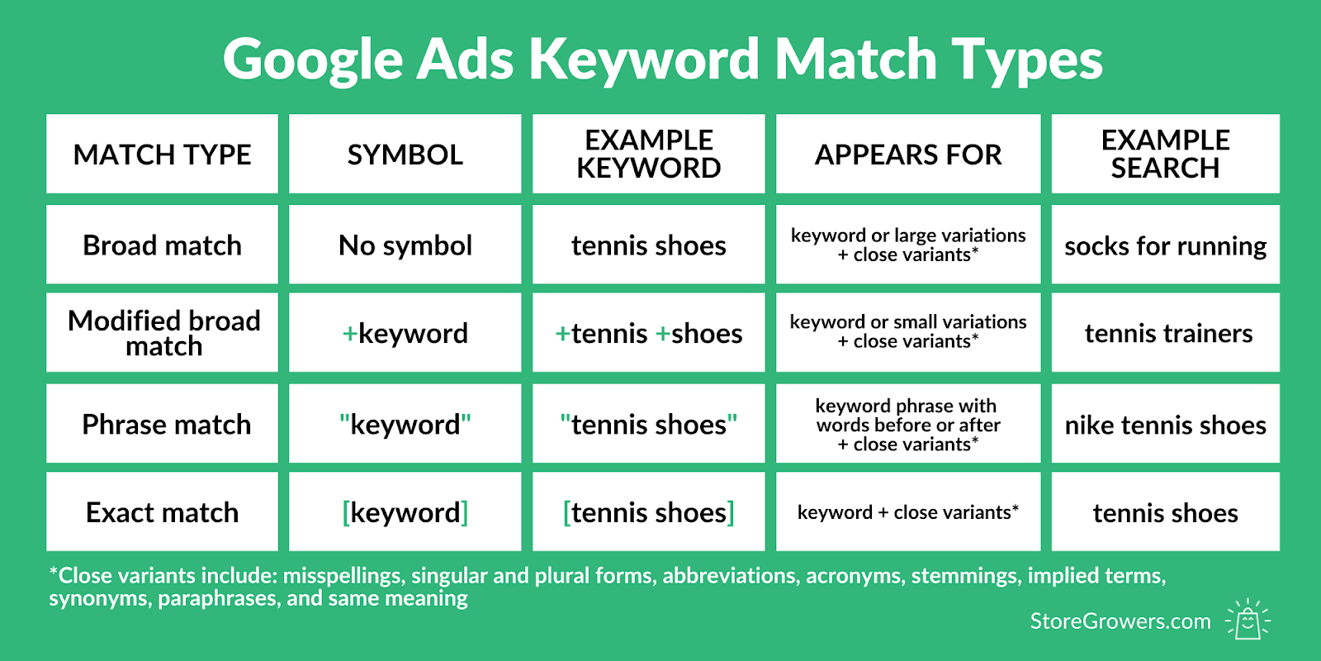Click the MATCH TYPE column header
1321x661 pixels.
(x=162, y=154)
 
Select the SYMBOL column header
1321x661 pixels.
(x=405, y=154)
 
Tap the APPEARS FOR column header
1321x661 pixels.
(x=908, y=154)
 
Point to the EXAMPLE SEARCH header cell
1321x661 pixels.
(x=1165, y=154)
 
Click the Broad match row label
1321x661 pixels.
(x=162, y=245)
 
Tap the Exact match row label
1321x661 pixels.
(x=162, y=511)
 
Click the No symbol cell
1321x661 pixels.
(x=405, y=245)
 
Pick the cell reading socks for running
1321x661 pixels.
(x=1165, y=245)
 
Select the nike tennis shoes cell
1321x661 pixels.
(x=1165, y=424)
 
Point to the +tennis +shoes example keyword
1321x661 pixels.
(x=649, y=333)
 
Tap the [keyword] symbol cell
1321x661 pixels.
(x=405, y=511)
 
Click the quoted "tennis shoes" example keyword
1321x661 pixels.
(x=649, y=424)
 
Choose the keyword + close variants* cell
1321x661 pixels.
(x=908, y=511)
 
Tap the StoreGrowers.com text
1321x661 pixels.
(x=1120, y=621)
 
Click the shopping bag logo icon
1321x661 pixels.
(x=1248, y=619)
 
